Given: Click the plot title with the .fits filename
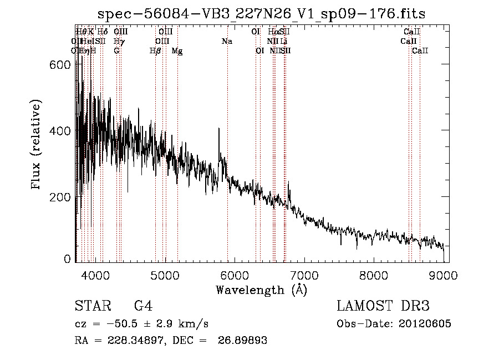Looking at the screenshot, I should coord(261,14).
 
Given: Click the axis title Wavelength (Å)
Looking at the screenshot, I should coord(261,290).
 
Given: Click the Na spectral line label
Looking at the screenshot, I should coord(227,41).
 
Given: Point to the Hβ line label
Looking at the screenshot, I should coord(155,50).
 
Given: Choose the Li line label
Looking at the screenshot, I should coord(284,41).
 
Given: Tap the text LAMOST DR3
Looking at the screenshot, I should coord(383,306).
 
